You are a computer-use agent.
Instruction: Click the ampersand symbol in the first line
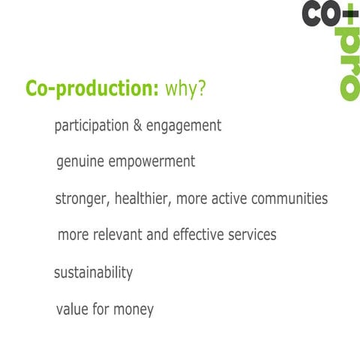(x=137, y=126)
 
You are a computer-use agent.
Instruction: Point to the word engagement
(x=183, y=127)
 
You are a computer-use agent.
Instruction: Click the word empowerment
(x=154, y=163)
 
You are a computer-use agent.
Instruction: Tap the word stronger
(x=81, y=199)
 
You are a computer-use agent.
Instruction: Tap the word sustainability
(x=93, y=272)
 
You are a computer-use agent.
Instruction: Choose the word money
(x=133, y=309)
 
